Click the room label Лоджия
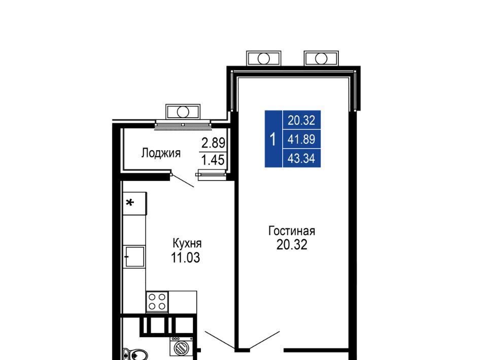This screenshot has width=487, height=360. point(161,153)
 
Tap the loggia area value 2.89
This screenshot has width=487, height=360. point(213,143)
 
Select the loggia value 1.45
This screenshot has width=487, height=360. point(213,160)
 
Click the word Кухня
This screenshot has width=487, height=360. point(187,243)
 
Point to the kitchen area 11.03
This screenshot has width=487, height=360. point(186,258)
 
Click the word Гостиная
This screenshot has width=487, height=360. point(292,231)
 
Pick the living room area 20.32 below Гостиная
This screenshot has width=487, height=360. point(292,245)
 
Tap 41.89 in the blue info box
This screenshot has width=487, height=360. point(301,139)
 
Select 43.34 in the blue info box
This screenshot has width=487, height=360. point(301,159)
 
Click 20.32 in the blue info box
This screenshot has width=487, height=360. point(301,120)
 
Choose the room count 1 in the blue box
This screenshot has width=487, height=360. point(273,139)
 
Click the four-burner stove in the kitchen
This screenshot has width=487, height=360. point(157,302)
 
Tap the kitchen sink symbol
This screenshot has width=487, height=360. point(134,257)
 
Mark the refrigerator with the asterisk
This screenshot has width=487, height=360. point(134,203)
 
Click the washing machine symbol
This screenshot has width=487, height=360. point(182,346)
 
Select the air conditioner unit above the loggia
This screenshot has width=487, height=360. point(183,112)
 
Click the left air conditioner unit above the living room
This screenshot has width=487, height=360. point(264,58)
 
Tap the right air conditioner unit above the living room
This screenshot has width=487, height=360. point(321,58)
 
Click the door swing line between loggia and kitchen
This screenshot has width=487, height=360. point(183,181)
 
